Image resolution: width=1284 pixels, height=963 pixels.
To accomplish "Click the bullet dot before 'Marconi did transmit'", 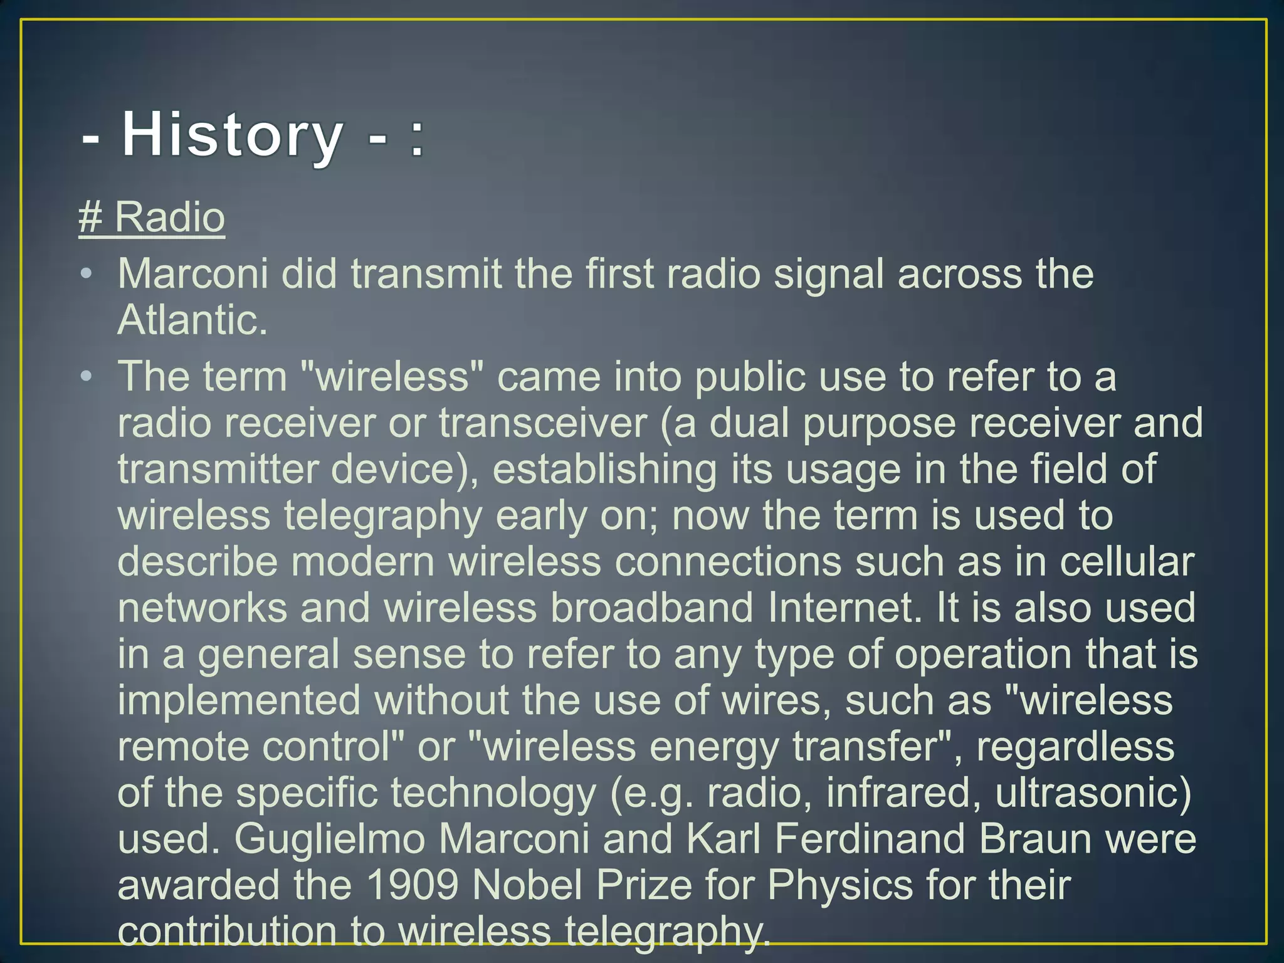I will [87, 274].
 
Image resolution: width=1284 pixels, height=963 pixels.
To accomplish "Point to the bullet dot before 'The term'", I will [87, 376].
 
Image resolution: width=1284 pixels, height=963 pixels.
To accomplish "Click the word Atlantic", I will [192, 320].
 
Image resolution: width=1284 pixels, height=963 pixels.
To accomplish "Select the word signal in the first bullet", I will [828, 274].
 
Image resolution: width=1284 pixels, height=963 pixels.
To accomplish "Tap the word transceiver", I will [542, 423].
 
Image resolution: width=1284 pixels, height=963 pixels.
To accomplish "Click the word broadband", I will [651, 608].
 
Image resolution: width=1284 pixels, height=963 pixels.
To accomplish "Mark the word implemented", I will [239, 700].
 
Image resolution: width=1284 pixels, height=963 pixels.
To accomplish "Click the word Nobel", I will [527, 885].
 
